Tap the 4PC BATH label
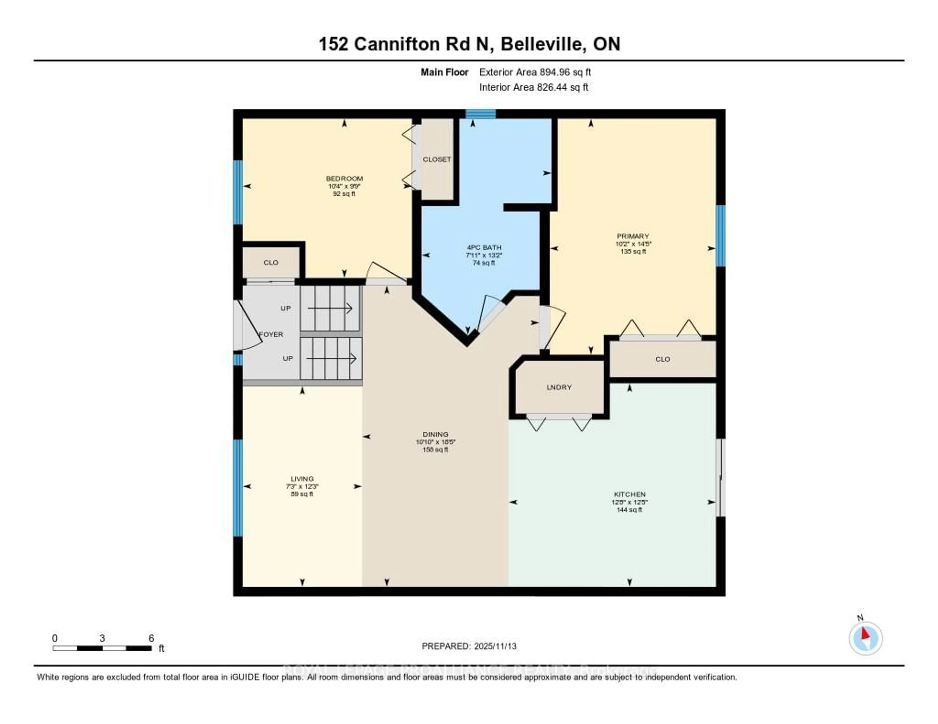click(x=484, y=248)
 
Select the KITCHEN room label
click(x=630, y=494)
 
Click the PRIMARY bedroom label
click(x=633, y=236)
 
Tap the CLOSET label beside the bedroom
click(x=437, y=159)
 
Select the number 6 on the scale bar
click(x=151, y=638)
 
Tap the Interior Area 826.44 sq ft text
click(x=533, y=88)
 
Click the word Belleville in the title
click(x=543, y=44)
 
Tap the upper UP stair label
click(x=286, y=308)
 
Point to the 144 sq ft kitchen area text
click(x=630, y=510)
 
